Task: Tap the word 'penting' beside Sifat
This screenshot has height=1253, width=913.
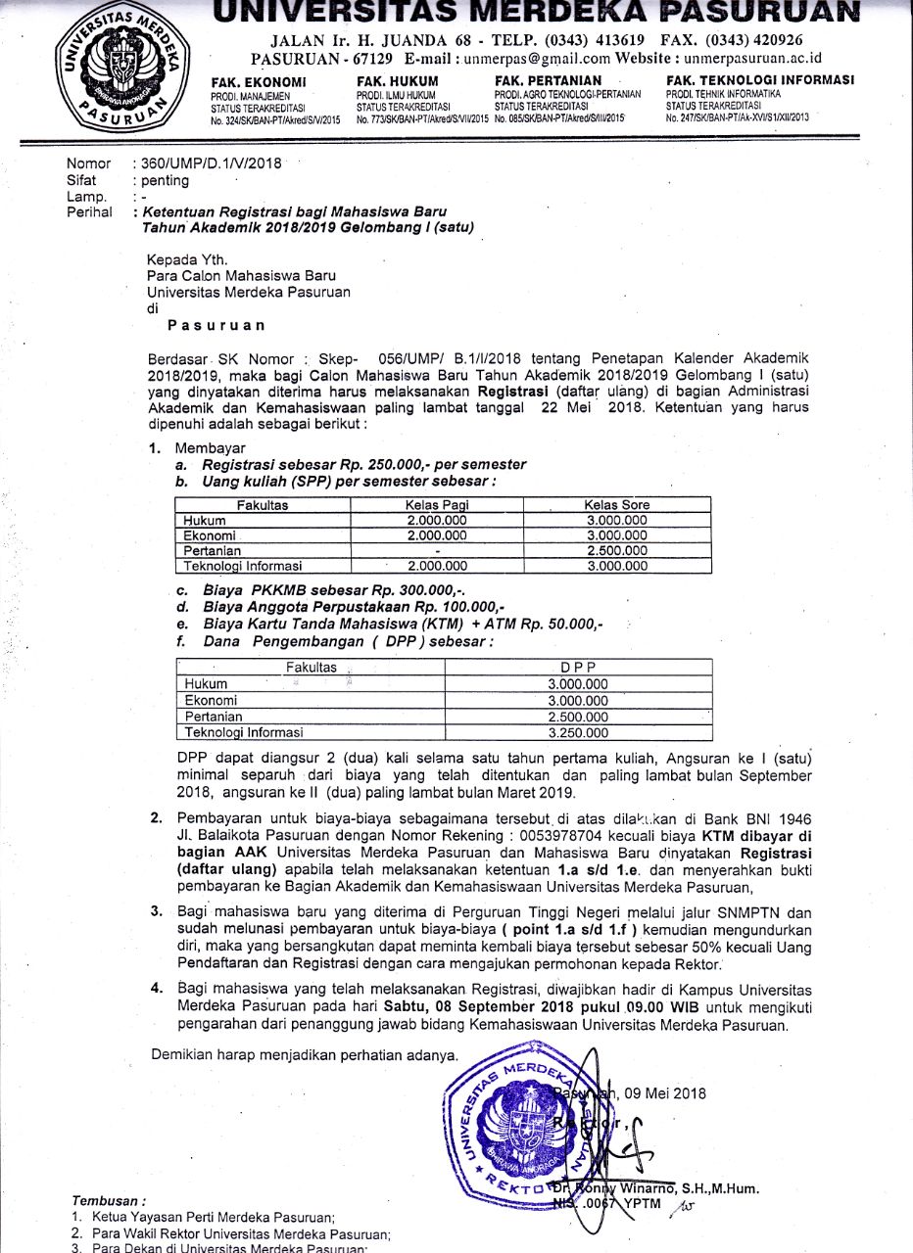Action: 165,180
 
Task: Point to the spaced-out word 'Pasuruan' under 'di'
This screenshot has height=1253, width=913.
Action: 216,324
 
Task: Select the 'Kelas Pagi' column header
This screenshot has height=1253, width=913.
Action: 436,505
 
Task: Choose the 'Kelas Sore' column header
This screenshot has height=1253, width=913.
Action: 616,505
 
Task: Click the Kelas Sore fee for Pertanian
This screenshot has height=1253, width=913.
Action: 616,551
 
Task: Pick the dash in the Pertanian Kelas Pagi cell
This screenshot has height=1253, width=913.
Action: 436,551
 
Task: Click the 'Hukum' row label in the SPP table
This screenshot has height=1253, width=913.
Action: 205,521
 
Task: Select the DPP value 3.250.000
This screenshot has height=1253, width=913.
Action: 578,732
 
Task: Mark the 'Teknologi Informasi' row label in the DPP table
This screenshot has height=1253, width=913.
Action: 244,732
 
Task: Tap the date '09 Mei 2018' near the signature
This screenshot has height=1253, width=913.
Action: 665,1093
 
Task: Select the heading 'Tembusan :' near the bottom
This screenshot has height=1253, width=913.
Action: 109,1199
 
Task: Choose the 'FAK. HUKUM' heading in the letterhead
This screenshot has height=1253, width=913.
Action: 398,81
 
